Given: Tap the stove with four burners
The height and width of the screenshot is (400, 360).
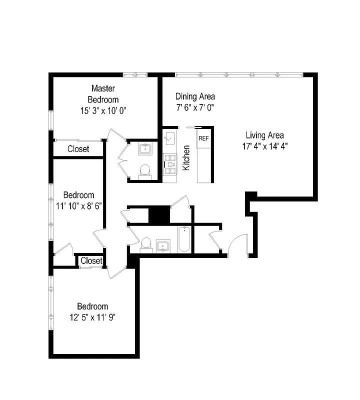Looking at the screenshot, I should point(170,163).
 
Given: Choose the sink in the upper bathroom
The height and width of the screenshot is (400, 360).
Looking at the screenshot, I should point(145,147).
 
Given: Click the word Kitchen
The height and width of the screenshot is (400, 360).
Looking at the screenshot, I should point(186,158).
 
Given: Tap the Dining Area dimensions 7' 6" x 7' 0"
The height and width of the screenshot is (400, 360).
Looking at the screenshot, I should point(194,107).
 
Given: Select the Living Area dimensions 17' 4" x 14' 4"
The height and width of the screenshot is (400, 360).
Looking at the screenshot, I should point(264,146).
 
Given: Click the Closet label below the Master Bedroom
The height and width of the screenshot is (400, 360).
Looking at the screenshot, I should point(78,149).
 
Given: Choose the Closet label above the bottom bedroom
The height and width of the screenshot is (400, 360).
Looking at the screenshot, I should point(91,260).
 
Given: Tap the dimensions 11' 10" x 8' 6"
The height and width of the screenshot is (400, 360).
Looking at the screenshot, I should point(79,205).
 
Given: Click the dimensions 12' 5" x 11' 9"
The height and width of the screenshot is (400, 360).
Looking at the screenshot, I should point(92,317).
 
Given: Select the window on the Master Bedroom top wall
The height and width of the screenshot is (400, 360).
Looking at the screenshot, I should point(135,75).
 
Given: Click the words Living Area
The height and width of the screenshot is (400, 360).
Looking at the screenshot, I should point(264,135).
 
